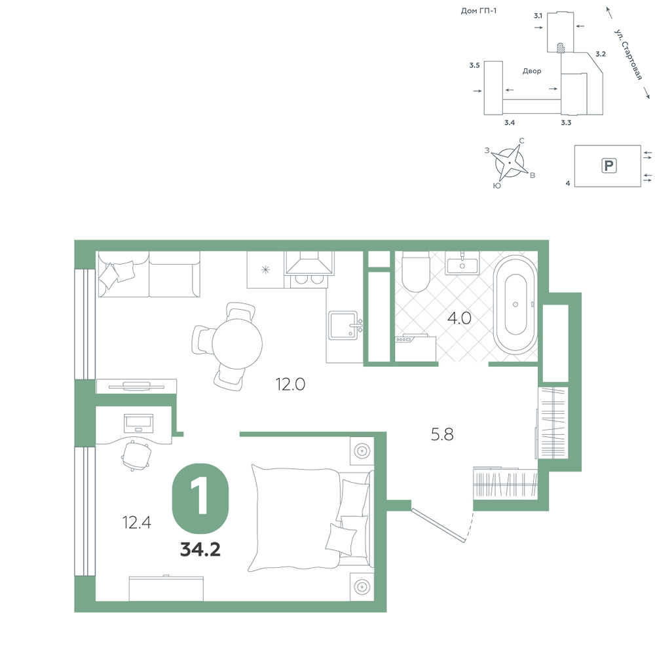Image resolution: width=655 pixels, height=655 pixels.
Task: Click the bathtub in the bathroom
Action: click(515, 305)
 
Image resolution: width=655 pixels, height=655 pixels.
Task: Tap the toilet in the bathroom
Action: click(416, 272)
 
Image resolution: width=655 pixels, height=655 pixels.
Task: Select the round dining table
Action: click(237, 344)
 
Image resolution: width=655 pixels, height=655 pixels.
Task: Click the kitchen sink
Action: click(343, 326)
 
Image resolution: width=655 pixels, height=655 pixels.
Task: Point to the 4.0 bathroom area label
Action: click(459, 318)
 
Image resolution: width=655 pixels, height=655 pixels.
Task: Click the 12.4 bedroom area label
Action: click(137, 522)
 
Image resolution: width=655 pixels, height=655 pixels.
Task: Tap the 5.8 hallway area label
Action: click(442, 434)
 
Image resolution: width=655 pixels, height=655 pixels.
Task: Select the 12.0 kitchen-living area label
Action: click(290, 384)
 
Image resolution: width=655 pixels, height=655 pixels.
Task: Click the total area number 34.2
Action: click(200, 550)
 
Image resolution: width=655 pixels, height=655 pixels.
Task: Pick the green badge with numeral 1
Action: click(200, 498)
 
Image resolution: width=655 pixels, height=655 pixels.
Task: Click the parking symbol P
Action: click(608, 166)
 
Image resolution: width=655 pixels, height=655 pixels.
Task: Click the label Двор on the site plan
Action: click(532, 71)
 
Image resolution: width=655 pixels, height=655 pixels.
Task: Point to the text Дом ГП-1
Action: click(479, 11)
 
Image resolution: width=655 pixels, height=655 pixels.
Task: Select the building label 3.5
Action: click(474, 65)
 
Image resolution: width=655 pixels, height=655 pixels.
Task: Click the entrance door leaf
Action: click(438, 525)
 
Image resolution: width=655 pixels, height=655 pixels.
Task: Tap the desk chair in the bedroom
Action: click(136, 455)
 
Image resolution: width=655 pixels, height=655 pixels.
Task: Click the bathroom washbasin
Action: click(462, 264)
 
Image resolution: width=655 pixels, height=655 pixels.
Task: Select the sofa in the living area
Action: click(149, 274)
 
